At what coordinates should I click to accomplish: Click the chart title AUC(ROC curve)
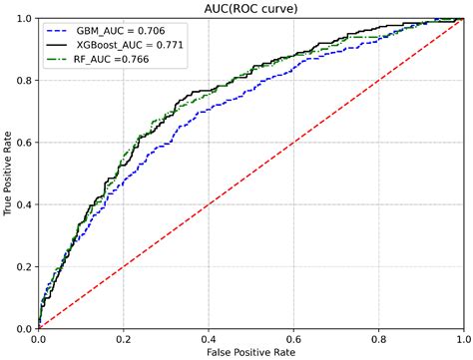[x=250, y=8]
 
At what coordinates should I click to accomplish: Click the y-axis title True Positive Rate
[x=8, y=174]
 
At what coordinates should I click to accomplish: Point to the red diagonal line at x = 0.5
[x=250, y=174]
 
